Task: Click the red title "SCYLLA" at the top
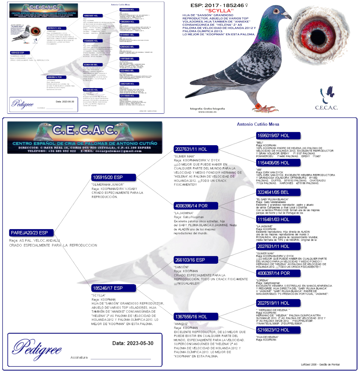pyautogui.click(x=219, y=10)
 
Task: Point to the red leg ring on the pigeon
pyautogui.click(x=258, y=106)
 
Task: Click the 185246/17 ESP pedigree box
pyautogui.click(x=114, y=288)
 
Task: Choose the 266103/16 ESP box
pyautogui.click(x=196, y=260)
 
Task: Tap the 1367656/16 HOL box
pyautogui.click(x=196, y=317)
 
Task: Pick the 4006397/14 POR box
pyautogui.click(x=278, y=273)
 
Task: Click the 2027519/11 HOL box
pyautogui.click(x=278, y=303)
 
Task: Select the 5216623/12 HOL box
pyautogui.click(x=278, y=330)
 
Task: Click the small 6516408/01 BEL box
pyautogui.click(x=129, y=35)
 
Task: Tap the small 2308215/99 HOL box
pyautogui.click(x=129, y=84)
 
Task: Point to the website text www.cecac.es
pyautogui.click(x=207, y=112)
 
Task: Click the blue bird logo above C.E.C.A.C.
pyautogui.click(x=326, y=95)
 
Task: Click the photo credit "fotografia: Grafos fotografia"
pyautogui.click(x=207, y=109)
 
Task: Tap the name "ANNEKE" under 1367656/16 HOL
pyautogui.click(x=181, y=324)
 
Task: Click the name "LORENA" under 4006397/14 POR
pyautogui.click(x=262, y=280)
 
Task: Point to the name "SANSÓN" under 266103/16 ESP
pyautogui.click(x=181, y=267)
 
